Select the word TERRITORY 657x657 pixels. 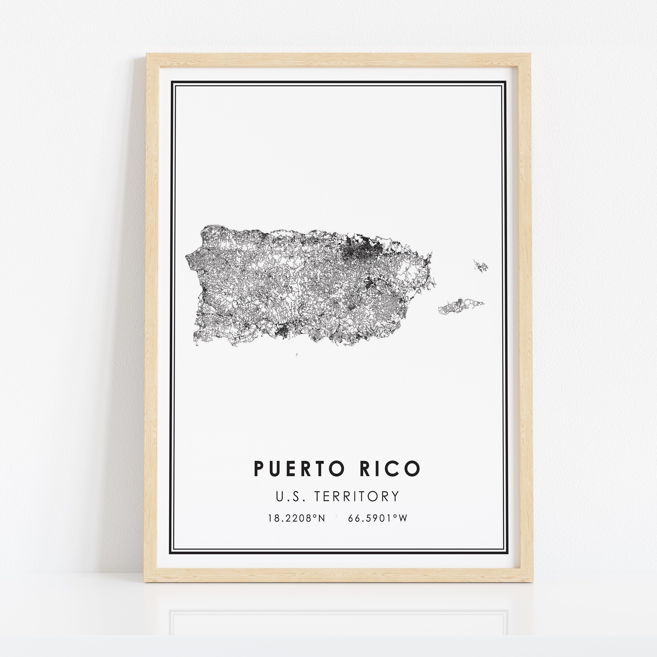[x=356, y=496]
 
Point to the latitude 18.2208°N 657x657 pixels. [x=297, y=518]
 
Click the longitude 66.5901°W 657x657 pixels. [x=378, y=518]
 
